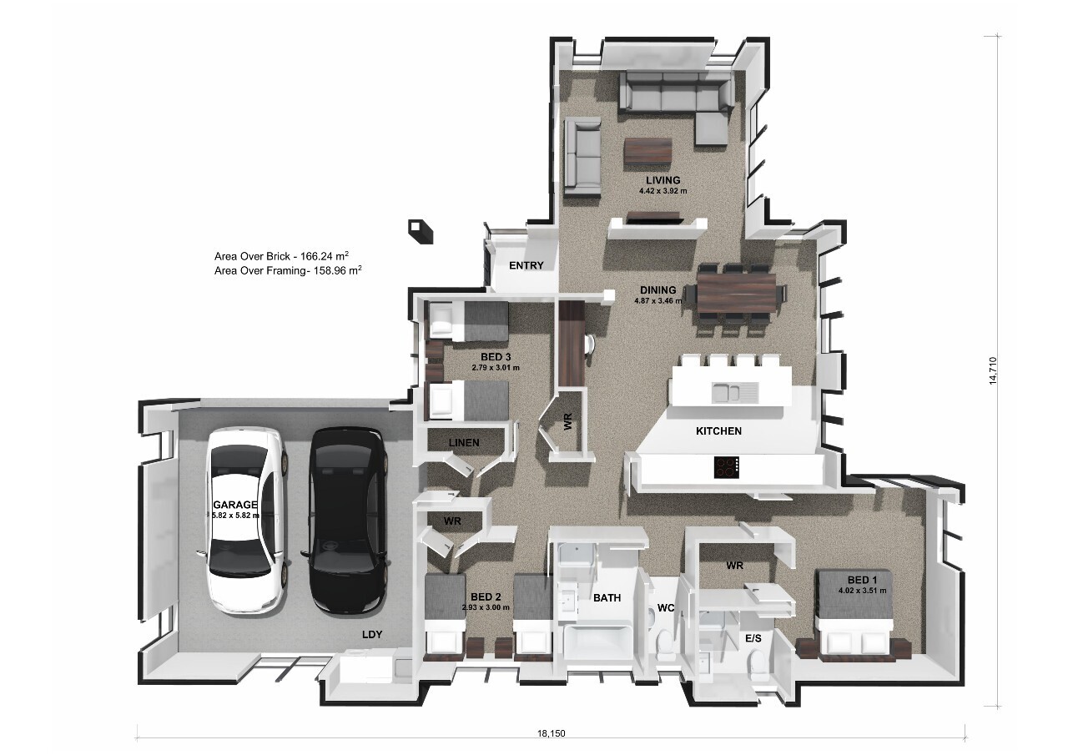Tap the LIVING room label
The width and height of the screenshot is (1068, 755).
click(x=662, y=180)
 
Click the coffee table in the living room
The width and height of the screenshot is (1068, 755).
click(x=647, y=151)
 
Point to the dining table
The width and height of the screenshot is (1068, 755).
click(x=739, y=293)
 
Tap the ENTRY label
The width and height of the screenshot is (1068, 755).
click(x=526, y=266)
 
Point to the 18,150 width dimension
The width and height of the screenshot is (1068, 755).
click(x=551, y=734)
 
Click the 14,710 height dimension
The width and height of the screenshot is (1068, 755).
click(x=993, y=370)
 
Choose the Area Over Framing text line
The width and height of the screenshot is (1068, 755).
click(x=287, y=271)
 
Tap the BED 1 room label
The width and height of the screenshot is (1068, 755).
click(x=862, y=580)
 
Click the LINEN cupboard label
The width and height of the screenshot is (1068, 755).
click(x=464, y=442)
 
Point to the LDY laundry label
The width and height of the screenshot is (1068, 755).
click(x=372, y=635)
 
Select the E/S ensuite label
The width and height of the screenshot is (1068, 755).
click(x=753, y=638)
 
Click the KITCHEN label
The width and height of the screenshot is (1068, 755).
click(x=718, y=431)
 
